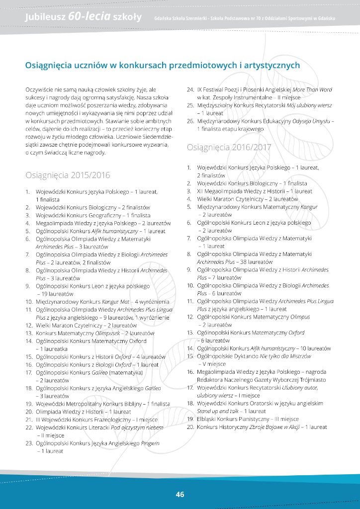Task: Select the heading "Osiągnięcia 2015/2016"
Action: [x=68, y=175]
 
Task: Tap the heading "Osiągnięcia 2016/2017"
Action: [x=229, y=147]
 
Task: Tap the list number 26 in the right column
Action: [x=190, y=121]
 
